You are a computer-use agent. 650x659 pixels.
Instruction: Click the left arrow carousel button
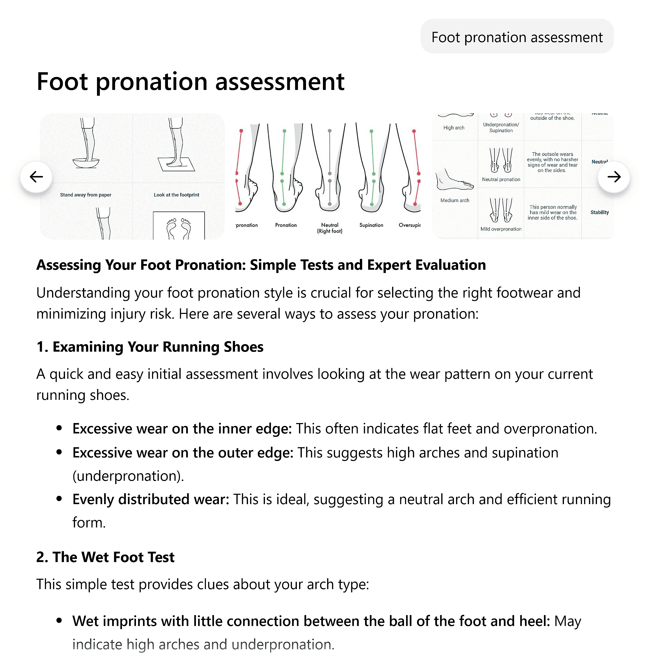36,177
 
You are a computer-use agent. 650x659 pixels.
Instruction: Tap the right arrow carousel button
614,177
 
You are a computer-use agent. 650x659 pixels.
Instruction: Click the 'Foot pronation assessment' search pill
517,37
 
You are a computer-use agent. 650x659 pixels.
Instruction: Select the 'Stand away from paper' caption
86,195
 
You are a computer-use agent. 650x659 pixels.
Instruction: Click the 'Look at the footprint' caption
176,195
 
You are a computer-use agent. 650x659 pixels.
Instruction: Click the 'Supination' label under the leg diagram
371,225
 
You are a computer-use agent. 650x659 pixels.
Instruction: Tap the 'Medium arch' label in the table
454,200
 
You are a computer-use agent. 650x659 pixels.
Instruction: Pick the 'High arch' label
453,128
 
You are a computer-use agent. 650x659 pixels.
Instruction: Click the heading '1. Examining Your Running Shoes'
150,347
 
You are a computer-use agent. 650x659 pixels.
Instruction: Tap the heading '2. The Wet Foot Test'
106,557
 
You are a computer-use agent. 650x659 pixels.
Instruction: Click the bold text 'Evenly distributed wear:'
151,499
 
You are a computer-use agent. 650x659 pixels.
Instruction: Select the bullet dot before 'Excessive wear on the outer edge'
59,452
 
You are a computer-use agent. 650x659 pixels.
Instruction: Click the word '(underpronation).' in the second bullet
128,476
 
